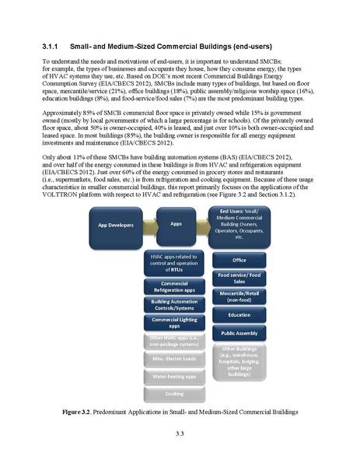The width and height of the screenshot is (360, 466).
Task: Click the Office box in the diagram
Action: pyautogui.click(x=239, y=260)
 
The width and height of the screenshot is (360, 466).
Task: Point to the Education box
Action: pyautogui.click(x=239, y=315)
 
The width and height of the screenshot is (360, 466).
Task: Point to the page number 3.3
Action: pyautogui.click(x=180, y=433)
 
